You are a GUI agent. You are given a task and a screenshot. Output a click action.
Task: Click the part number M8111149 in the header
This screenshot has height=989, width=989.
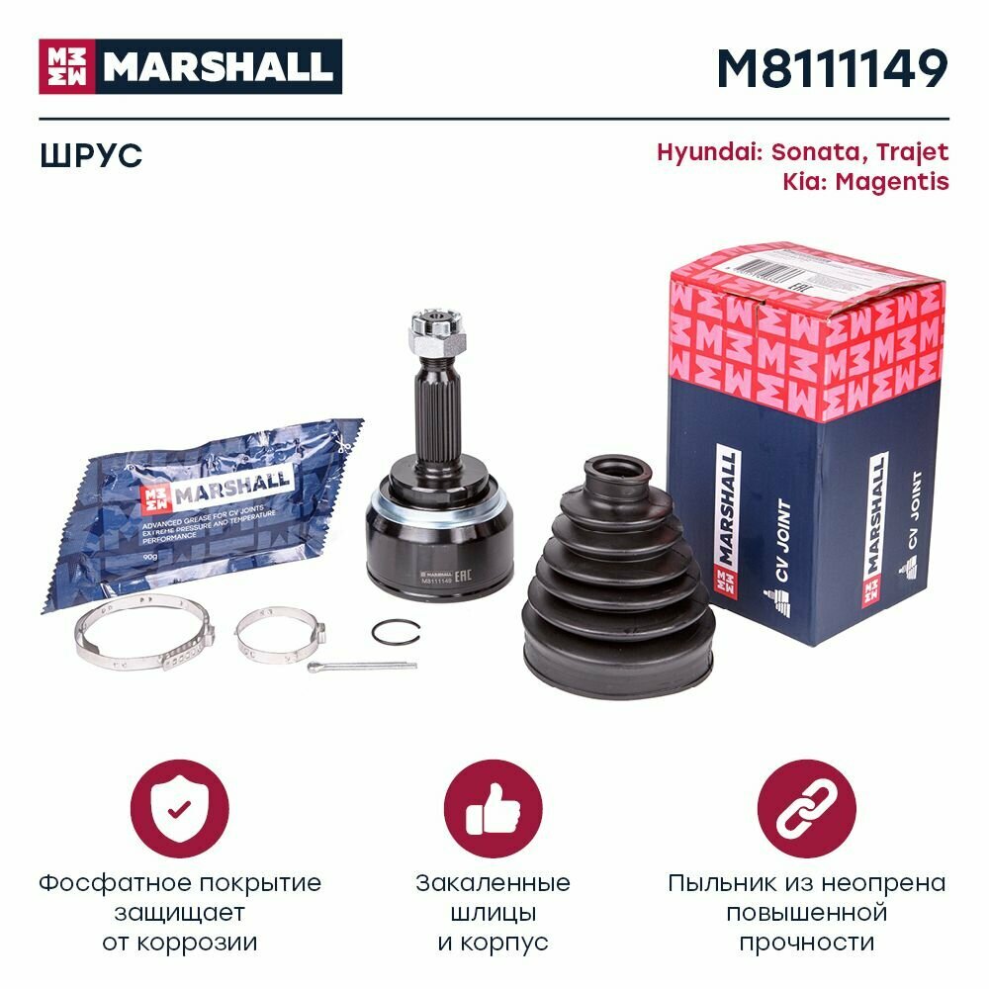tap(831, 68)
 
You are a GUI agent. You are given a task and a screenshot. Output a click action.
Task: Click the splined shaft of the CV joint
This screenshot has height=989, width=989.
tap(438, 415)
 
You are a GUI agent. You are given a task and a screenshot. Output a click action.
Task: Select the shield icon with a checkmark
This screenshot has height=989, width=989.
tap(179, 808)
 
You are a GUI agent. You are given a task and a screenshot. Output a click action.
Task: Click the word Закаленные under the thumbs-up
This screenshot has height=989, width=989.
tap(493, 882)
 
